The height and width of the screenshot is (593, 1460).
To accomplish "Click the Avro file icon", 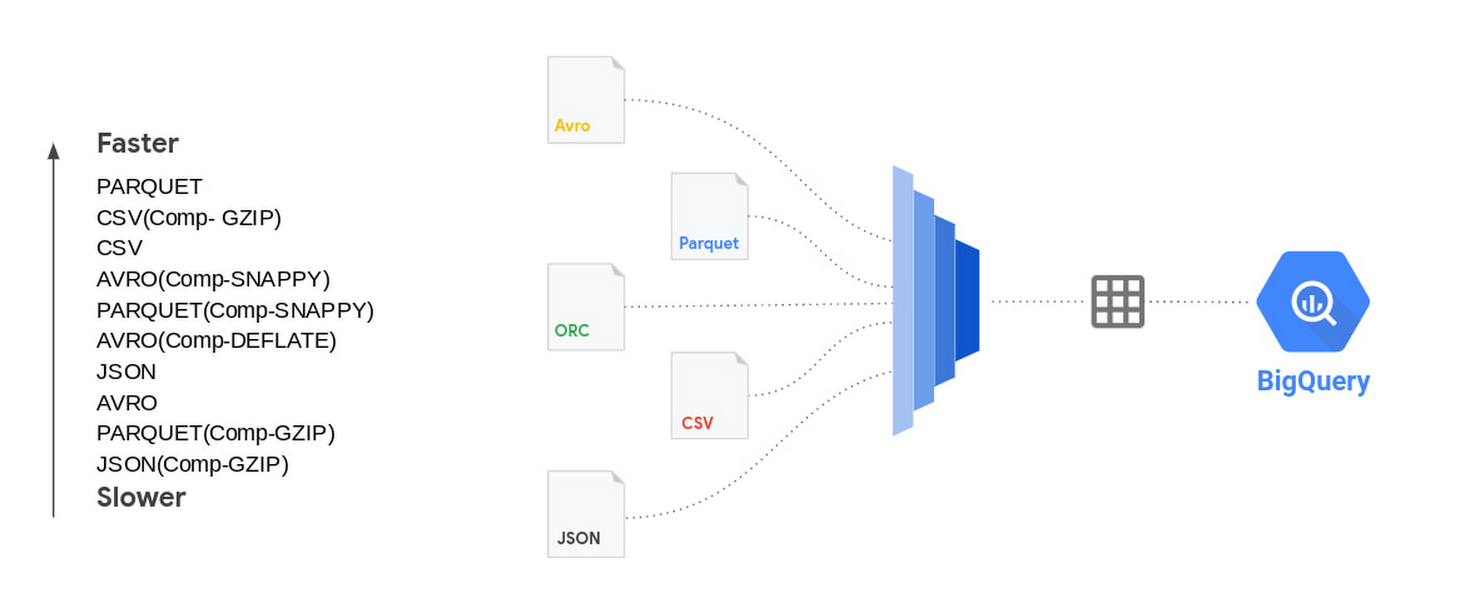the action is [x=586, y=100].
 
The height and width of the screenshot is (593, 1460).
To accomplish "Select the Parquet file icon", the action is [x=710, y=216].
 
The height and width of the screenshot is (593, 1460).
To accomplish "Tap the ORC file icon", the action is [x=586, y=307].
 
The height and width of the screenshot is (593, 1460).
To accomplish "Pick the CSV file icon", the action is [x=710, y=396].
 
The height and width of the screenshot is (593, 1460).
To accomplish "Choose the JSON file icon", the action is [x=586, y=514].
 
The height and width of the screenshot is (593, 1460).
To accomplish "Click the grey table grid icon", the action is [x=1117, y=302].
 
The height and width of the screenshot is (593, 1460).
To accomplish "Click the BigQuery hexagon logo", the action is [x=1312, y=302].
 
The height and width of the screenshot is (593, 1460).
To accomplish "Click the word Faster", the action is [x=138, y=143].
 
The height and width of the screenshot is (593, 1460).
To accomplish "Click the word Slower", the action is [x=141, y=498].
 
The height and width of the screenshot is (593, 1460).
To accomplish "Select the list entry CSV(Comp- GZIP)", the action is [x=189, y=218].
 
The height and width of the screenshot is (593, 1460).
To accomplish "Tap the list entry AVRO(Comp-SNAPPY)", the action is [x=213, y=280].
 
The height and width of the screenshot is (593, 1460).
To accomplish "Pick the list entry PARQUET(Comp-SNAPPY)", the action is [x=235, y=311].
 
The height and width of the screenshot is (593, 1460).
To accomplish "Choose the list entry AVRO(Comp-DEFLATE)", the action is [x=216, y=341].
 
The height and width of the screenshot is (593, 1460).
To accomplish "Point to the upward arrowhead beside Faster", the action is [x=53, y=151].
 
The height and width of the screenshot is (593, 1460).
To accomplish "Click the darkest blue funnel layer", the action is [x=967, y=301].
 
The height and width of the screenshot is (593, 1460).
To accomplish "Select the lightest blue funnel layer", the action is [x=903, y=301].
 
